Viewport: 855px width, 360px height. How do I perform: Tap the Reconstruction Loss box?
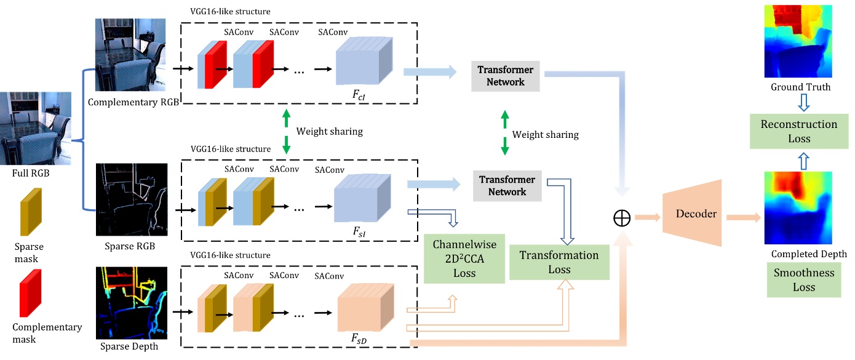pyautogui.click(x=798, y=131)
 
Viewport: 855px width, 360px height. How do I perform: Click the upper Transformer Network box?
pyautogui.click(x=506, y=76)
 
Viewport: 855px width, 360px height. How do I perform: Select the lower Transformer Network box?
pyautogui.click(x=507, y=186)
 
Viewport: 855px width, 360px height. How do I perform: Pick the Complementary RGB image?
pyautogui.click(x=130, y=55)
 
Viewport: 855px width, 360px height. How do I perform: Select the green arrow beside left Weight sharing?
pyautogui.click(x=286, y=132)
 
